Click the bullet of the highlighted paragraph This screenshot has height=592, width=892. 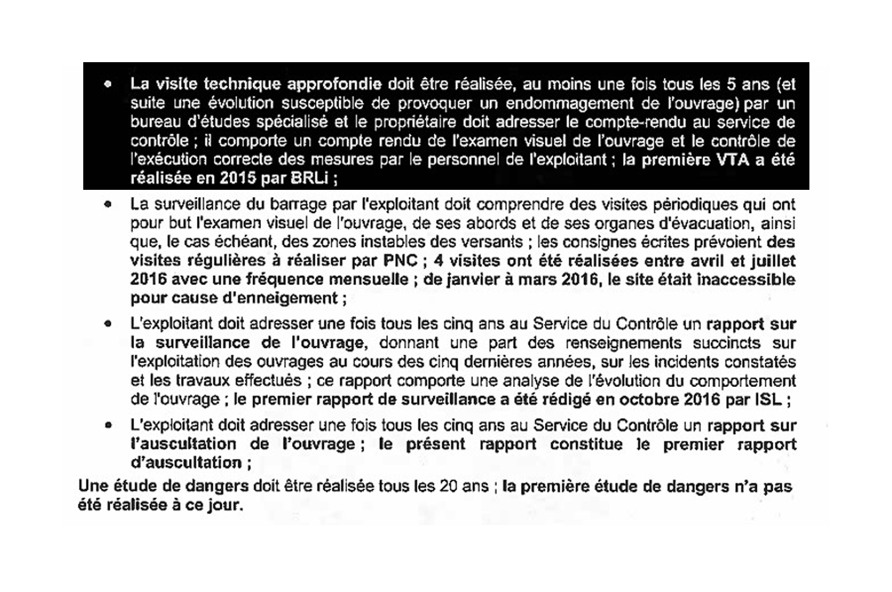(108, 85)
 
